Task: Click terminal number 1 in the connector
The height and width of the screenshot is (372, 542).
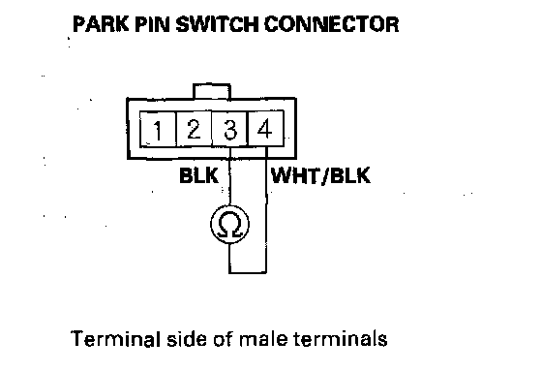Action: pos(158,129)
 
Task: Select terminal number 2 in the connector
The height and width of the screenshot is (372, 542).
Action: pos(194,129)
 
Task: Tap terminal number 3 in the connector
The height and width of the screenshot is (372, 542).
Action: pos(230,129)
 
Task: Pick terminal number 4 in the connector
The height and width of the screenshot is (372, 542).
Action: pos(266,129)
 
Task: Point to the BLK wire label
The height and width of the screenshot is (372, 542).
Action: pos(198,175)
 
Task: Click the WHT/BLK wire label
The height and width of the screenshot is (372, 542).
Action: pos(320,175)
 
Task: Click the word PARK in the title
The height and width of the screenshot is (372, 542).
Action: pos(101,24)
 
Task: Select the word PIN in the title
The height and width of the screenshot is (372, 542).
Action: pos(152,24)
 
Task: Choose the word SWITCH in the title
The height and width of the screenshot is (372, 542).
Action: pos(217,24)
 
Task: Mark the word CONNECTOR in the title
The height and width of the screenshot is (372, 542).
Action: pos(331,24)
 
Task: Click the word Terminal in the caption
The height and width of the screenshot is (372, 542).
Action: pos(116,338)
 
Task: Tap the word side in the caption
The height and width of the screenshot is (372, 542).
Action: pos(188,338)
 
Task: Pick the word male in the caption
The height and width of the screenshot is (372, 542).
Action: pos(263,338)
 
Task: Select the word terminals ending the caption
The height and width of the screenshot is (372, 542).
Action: pos(341,338)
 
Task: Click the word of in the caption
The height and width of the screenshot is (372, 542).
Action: pos(224,338)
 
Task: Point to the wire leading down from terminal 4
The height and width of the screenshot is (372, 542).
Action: pos(266,210)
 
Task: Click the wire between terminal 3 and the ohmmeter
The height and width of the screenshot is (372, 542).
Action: pos(229,176)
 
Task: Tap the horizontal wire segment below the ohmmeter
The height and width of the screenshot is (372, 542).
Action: pos(248,272)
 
